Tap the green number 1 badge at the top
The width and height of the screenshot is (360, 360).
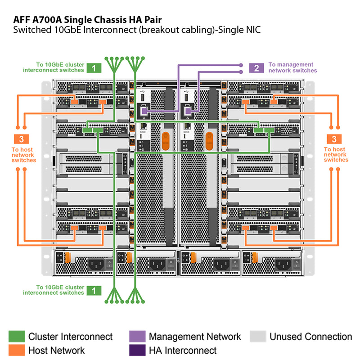coord(94,68)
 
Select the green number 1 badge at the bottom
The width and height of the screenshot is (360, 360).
coord(94,290)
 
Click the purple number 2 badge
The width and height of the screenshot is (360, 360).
coord(256,68)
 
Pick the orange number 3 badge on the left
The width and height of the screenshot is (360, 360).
coord(21,139)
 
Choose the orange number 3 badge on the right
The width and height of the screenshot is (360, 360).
coord(334,139)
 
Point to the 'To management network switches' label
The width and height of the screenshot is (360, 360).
coord(292,67)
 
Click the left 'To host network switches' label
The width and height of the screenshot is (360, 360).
coord(24,154)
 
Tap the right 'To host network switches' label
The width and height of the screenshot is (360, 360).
coord(336,154)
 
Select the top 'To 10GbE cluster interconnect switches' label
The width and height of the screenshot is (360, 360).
coord(54,67)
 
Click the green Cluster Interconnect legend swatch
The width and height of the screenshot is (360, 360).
coord(16,337)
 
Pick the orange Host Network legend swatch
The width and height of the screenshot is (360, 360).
coord(16,350)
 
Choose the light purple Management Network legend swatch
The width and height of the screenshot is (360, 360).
coord(137,337)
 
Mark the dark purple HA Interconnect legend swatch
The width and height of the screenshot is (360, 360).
coord(137,350)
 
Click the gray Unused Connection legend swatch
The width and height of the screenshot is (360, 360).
coord(258,337)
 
